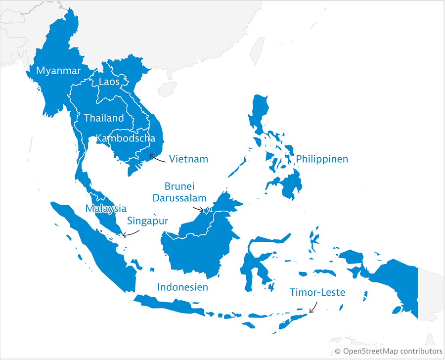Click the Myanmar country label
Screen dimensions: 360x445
point(58,71)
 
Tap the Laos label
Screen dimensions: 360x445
point(109,82)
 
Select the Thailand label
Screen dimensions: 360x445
point(104,118)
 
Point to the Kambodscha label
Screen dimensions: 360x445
point(129,138)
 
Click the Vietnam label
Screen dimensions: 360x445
point(188,159)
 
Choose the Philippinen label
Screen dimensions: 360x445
point(322,159)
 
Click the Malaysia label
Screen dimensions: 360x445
point(106,208)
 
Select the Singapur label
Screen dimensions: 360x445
point(147,221)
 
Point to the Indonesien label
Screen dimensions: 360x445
point(182,287)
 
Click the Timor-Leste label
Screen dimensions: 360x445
point(317,293)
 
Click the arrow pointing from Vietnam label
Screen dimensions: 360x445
point(158,158)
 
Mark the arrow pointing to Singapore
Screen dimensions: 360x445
point(131,232)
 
